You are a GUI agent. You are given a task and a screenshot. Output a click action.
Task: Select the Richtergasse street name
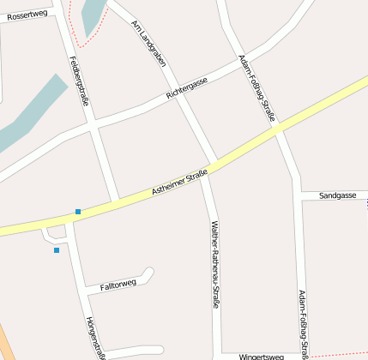(x=187, y=87)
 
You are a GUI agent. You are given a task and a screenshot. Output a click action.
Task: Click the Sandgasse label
(x=337, y=195)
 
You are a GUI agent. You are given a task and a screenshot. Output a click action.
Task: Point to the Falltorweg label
(x=118, y=284)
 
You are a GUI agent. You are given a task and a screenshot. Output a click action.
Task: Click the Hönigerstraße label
(x=95, y=337)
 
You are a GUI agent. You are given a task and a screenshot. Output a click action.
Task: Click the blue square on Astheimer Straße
(x=78, y=211)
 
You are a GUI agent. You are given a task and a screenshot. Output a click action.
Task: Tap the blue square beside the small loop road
(x=57, y=250)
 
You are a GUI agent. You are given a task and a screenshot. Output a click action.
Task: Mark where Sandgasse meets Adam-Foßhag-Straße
(x=297, y=196)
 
